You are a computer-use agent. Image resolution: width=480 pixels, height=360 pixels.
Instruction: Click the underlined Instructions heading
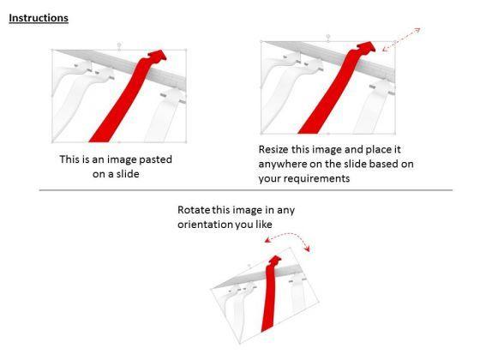[x=39, y=18]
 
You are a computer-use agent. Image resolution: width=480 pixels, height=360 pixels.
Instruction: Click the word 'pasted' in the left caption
[x=155, y=159]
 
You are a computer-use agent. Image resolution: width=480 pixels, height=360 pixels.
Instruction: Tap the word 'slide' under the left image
[x=128, y=174]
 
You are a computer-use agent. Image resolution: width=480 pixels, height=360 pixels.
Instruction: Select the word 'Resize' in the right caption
[x=273, y=150]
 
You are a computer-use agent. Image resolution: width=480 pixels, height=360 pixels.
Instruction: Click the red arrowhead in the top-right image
[x=365, y=47]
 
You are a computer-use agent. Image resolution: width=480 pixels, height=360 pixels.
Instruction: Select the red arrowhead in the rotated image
[x=274, y=261]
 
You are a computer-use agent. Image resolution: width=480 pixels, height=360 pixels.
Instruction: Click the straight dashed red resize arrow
[x=401, y=39]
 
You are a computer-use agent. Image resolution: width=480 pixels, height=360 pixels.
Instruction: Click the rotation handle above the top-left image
[x=119, y=45]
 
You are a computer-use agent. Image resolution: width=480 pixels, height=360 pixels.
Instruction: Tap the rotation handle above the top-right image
[x=328, y=36]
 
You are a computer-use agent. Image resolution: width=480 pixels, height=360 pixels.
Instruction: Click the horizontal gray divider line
[x=246, y=190]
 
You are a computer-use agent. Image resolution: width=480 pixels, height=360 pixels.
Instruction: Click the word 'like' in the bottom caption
[x=264, y=225]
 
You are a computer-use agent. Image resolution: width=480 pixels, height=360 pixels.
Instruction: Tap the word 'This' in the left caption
[x=69, y=159]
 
